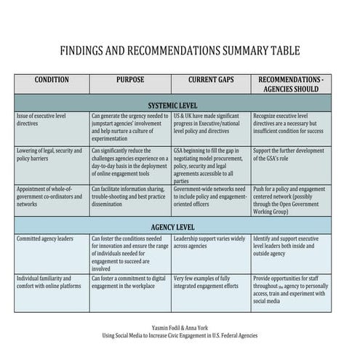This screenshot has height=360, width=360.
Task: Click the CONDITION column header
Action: pos(52,79)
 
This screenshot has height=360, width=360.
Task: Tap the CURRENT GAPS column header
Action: pos(211,79)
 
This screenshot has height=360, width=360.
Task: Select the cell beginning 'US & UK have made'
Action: pos(210,124)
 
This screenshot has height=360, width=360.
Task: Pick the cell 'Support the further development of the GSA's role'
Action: pos(289,154)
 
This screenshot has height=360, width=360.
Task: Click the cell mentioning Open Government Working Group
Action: pos(289,200)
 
